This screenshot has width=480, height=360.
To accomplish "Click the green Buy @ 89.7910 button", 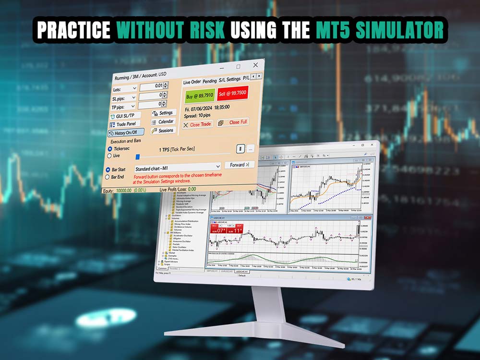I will pyautogui.click(x=198, y=96).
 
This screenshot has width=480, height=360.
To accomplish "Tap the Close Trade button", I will pyautogui.click(x=197, y=124).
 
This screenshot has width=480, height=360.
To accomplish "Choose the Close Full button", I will pyautogui.click(x=233, y=122).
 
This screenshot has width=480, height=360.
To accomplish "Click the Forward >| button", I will pyautogui.click(x=239, y=165).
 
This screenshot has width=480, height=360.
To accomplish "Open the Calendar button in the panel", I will pyautogui.click(x=163, y=122).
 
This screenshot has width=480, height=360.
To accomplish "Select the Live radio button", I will pyautogui.click(x=110, y=156).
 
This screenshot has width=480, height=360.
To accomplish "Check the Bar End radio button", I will pyautogui.click(x=108, y=177).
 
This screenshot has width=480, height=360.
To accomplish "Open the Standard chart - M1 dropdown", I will pyautogui.click(x=177, y=168).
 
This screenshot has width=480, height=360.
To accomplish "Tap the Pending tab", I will pyautogui.click(x=209, y=82).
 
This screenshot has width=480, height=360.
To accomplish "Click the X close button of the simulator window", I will pyautogui.click(x=255, y=65).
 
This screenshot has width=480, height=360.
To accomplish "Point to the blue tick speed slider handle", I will pyautogui.click(x=138, y=156).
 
